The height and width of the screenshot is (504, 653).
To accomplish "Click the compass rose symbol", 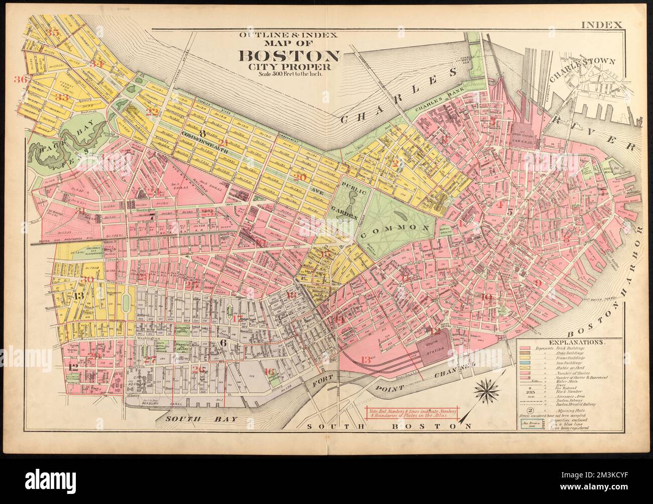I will (485, 388).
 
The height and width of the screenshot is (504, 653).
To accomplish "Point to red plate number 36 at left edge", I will (21, 79).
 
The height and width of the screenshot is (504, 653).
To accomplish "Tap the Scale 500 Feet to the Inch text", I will (290, 74).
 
